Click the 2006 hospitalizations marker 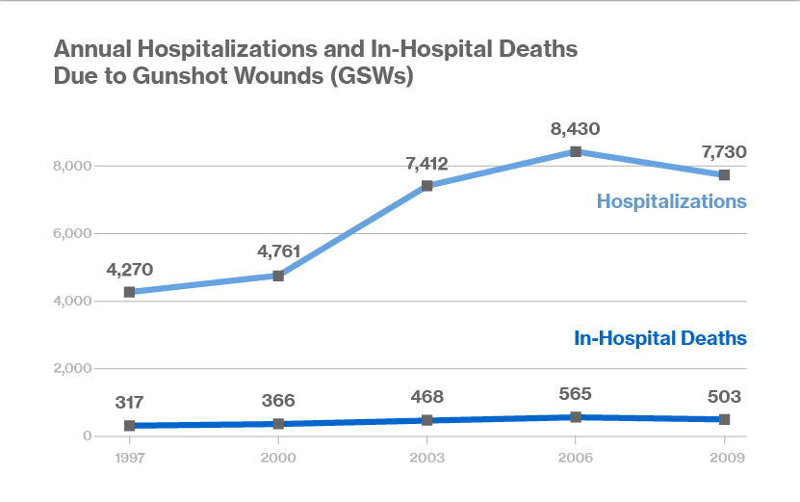(x=576, y=151)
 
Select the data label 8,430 (x=576, y=127)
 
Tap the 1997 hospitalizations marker (x=129, y=292)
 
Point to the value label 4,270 (x=129, y=269)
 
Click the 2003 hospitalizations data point (x=426, y=186)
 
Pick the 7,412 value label (x=426, y=163)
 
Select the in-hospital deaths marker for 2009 (x=724, y=419)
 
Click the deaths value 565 (x=576, y=393)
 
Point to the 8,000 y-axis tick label (x=73, y=167)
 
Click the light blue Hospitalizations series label (x=671, y=201)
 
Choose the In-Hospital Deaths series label (x=660, y=338)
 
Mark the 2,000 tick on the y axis (x=73, y=369)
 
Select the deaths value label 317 (x=129, y=401)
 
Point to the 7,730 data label (x=724, y=151)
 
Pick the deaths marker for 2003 (x=426, y=420)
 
